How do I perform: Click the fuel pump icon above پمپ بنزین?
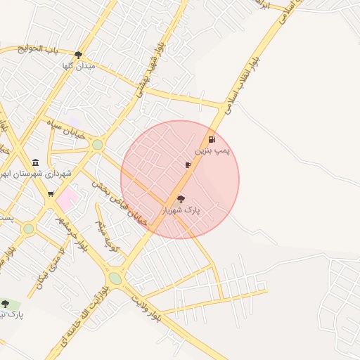212,140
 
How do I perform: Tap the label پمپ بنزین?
212,151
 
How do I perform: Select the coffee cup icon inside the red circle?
188,165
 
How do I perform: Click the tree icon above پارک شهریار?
181,199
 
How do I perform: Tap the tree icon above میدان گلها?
78,54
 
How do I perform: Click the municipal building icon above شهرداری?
36,162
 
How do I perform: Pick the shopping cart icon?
51,193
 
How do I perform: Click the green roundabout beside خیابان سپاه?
97,145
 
